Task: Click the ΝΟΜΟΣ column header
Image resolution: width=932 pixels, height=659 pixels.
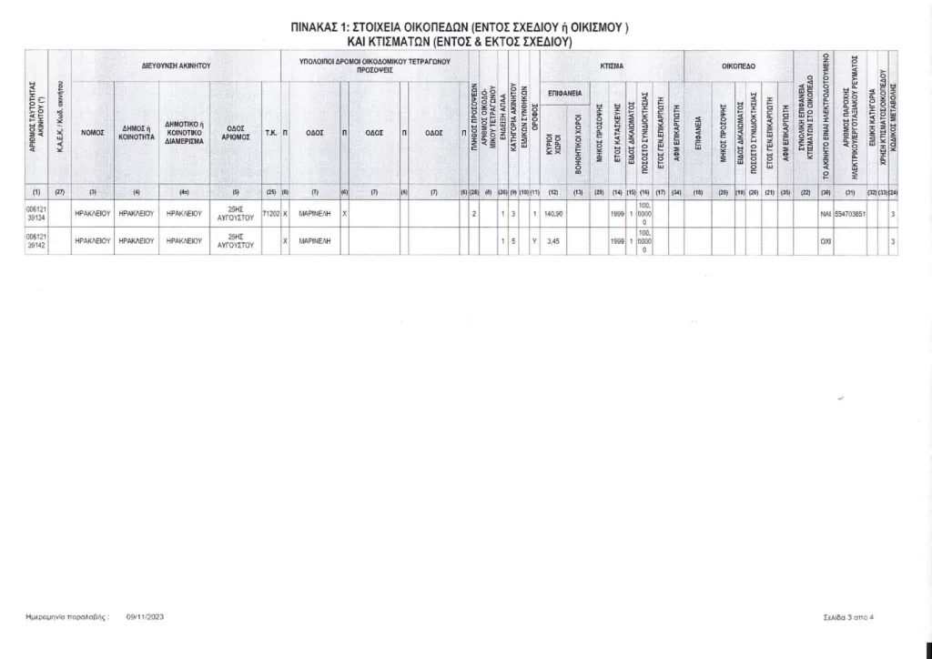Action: (93, 132)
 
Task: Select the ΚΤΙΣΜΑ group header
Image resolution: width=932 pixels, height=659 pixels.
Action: (612, 66)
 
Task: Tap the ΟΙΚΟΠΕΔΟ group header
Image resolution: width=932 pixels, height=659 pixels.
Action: (738, 66)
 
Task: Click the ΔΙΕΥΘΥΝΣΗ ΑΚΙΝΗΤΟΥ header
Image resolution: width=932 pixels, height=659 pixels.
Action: (177, 66)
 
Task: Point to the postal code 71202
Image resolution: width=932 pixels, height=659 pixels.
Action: (270, 214)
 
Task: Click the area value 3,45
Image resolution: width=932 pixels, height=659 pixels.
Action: (552, 241)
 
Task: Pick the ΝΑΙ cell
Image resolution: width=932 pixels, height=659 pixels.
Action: (826, 214)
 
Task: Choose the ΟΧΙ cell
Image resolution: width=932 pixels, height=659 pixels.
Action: (826, 241)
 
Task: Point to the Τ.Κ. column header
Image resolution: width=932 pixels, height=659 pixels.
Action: (270, 132)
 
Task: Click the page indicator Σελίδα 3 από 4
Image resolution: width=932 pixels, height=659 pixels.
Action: (846, 617)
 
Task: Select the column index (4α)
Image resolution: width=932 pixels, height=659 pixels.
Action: (184, 191)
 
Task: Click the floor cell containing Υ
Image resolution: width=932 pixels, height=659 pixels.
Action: (534, 241)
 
